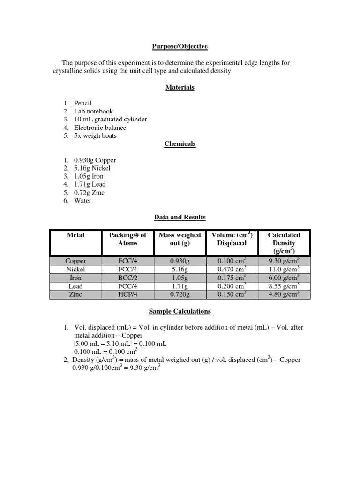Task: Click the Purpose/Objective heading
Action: point(180,46)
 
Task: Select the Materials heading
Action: point(180,87)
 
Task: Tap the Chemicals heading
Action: point(180,144)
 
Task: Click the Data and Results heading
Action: point(180,217)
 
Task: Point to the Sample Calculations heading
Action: point(180,311)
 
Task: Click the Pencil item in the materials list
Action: point(83,103)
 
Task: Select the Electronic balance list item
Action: point(100,127)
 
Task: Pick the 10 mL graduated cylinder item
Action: point(110,119)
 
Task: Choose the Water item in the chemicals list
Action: point(82,201)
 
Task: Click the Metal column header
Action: point(75,235)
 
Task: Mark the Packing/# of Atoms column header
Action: point(127,239)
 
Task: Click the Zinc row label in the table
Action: point(75,295)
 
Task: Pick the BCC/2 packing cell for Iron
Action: point(127,277)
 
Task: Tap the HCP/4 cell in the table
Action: point(127,295)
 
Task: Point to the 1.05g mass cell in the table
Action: point(180,277)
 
